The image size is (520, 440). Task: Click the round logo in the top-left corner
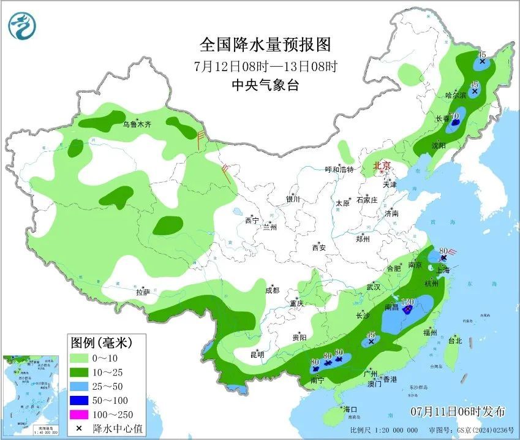tap(23, 26)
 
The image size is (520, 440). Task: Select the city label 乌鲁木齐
tap(136, 124)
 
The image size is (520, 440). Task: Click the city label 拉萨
tap(143, 293)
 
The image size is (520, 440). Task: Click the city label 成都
tap(272, 290)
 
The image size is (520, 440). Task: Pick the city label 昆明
tap(257, 354)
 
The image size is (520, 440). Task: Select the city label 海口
tap(350, 409)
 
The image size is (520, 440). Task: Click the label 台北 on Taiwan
tap(454, 340)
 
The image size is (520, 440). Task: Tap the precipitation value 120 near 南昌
tap(409, 302)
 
